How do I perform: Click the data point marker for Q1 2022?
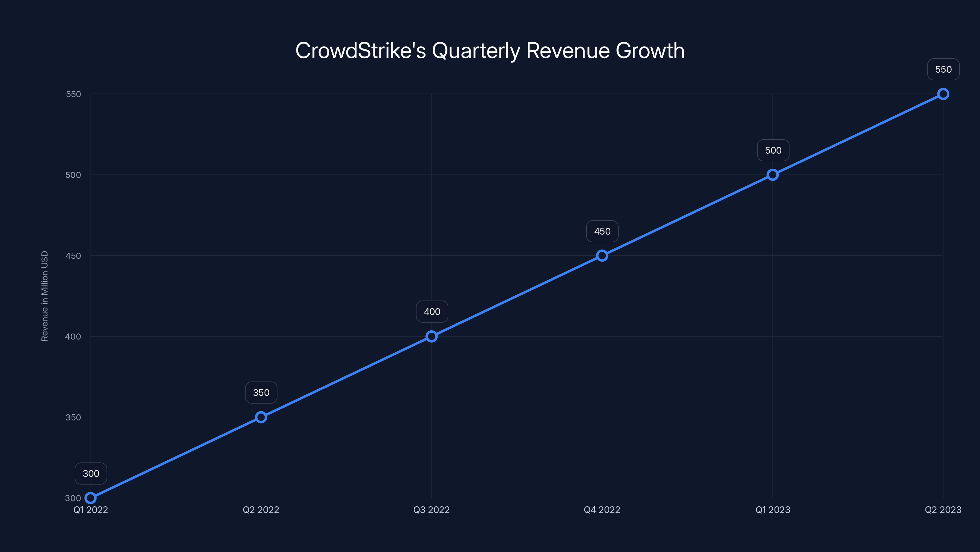(x=91, y=498)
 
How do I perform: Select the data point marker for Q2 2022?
(x=261, y=417)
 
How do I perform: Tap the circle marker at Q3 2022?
(x=432, y=336)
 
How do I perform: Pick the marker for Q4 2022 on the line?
(x=602, y=256)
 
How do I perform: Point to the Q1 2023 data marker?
(x=773, y=175)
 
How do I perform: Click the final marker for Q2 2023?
(x=943, y=94)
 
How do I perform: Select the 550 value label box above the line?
(x=943, y=69)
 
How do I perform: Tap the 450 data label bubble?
(x=602, y=231)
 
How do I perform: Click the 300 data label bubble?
(x=91, y=473)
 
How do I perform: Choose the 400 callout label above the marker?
(x=432, y=312)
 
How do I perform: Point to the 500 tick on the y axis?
(x=73, y=175)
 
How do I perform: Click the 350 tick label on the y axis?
(x=73, y=417)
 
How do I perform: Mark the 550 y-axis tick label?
(x=73, y=94)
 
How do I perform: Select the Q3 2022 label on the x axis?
(x=432, y=510)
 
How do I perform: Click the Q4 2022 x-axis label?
(x=602, y=510)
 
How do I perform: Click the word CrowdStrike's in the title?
(x=360, y=51)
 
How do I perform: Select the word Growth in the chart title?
(x=650, y=51)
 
